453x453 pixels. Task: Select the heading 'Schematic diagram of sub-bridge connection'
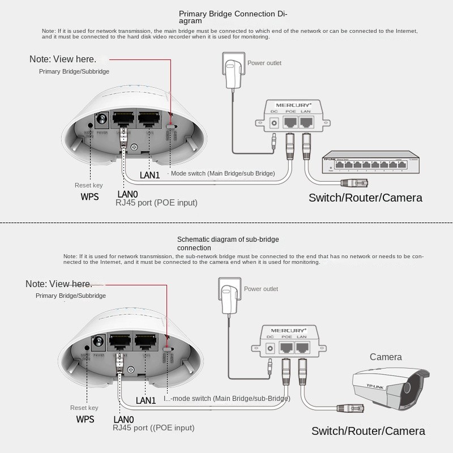coord(228,243)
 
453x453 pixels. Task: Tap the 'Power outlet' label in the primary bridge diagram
coord(264,63)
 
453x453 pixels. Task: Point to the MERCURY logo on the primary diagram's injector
coord(293,105)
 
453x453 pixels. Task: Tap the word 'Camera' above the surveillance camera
coord(386,357)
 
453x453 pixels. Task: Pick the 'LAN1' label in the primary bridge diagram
coord(149,176)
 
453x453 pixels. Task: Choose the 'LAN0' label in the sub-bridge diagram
coord(123,419)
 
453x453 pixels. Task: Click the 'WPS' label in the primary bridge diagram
coord(89,196)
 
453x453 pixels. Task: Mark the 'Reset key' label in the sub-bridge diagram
coord(84,408)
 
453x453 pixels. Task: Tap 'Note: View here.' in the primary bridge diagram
coord(62,59)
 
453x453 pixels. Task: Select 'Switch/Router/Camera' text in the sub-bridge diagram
coord(368,431)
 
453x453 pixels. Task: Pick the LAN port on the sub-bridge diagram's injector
coord(303,347)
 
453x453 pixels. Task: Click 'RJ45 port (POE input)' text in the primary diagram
coord(156,202)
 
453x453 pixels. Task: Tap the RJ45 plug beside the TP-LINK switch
coord(354,183)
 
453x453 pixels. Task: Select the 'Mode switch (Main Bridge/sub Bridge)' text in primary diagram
coord(223,173)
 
